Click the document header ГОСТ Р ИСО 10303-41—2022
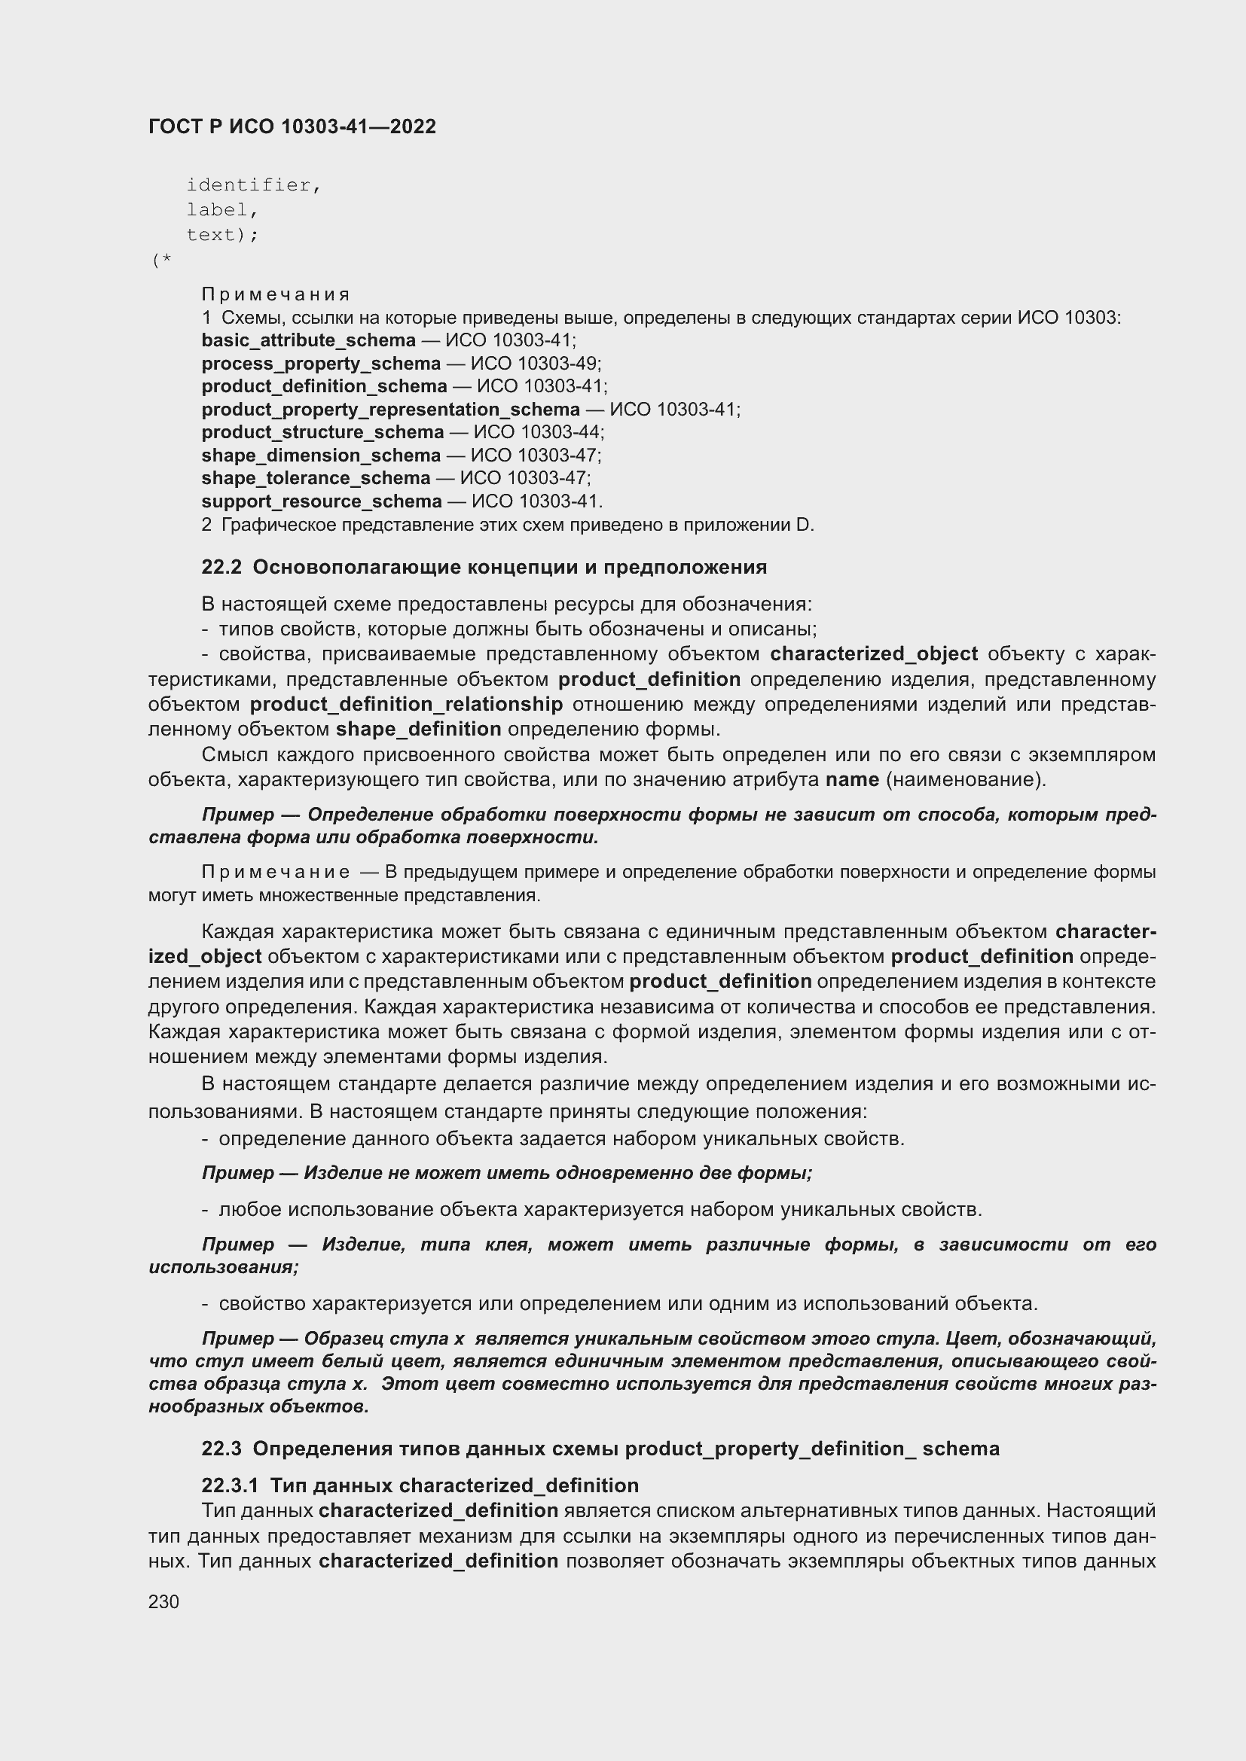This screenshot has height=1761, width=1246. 292,126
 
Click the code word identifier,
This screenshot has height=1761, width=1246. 253,185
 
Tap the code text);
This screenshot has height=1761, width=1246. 222,235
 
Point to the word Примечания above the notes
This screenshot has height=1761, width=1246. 276,294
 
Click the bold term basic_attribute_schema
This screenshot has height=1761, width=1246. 308,340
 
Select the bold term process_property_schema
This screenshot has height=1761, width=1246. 321,364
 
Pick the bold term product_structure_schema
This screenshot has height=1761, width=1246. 322,433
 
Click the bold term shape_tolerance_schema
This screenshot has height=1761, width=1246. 316,479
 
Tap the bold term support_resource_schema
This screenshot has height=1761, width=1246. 322,501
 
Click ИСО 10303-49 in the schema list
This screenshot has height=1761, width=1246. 535,364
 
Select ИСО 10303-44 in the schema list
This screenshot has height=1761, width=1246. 538,433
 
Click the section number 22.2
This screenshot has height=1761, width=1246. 221,568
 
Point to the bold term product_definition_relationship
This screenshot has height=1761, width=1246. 406,704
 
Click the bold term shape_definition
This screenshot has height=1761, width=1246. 418,729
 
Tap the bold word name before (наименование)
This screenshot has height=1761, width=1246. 852,780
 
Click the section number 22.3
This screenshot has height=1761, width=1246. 221,1449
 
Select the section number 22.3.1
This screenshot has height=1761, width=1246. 230,1485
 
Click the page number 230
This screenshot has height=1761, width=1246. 163,1602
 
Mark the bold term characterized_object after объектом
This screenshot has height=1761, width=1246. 874,654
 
